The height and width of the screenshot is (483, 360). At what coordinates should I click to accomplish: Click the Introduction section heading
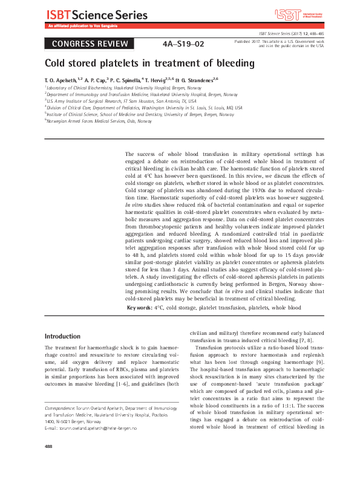(x=63, y=336)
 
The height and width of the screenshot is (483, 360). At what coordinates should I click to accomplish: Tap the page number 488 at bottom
(x=49, y=463)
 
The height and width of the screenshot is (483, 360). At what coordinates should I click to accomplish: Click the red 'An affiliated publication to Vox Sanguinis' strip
(x=84, y=27)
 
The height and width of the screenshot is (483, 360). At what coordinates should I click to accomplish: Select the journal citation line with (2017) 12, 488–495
(x=290, y=34)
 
